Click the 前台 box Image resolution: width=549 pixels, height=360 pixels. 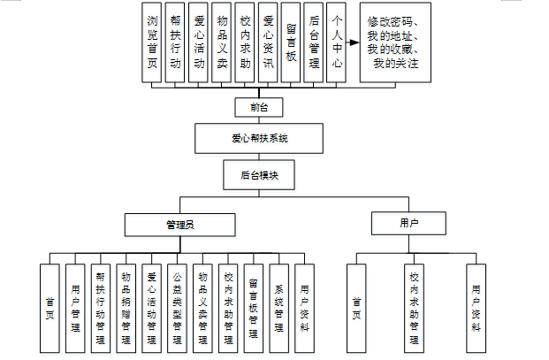point(259,107)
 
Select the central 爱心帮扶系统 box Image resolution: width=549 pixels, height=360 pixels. point(259,138)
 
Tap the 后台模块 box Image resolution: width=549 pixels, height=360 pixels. point(259,175)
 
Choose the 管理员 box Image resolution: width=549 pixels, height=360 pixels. point(180,225)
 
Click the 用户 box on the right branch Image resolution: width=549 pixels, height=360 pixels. point(408,223)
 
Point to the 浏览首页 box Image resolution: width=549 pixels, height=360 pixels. point(151,42)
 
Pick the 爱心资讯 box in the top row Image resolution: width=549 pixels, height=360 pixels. point(268,42)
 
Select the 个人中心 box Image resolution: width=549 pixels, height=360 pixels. point(336,42)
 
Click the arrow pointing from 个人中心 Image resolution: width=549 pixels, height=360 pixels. point(353,42)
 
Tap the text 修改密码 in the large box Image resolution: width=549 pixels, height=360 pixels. point(389,22)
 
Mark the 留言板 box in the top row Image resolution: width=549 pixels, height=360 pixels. point(291,42)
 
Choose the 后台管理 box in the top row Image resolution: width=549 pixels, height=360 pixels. point(313,42)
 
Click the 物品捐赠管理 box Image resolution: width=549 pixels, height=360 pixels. point(126,308)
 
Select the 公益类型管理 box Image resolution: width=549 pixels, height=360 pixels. point(177,308)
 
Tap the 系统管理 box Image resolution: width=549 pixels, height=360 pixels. point(279,308)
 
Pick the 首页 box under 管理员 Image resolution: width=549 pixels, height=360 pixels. point(50,308)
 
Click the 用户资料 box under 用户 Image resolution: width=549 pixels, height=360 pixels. point(477,308)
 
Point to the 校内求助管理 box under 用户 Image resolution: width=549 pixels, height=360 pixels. point(415,308)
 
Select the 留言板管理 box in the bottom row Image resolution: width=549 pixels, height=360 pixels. point(254,308)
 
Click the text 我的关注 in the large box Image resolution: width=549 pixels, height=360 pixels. point(396,64)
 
